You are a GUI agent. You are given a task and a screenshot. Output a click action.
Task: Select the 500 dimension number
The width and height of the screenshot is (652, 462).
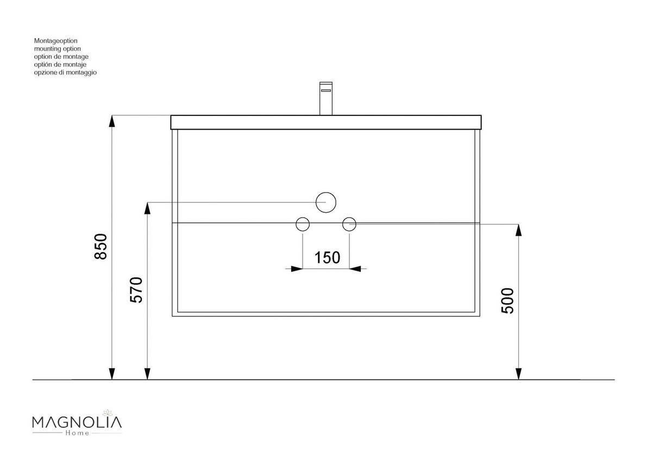(507, 300)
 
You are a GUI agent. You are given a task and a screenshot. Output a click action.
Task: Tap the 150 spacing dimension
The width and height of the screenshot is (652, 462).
(327, 257)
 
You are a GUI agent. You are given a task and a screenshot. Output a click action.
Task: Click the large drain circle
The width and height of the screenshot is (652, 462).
(326, 202)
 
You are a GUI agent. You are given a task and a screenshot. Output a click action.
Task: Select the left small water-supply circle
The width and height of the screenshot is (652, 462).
(302, 224)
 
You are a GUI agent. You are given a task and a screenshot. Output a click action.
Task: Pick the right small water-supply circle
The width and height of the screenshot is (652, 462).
(349, 223)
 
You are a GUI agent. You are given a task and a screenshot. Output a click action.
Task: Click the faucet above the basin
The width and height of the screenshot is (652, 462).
(326, 98)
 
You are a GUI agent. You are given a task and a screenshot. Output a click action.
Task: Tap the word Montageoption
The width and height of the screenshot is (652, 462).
(56, 41)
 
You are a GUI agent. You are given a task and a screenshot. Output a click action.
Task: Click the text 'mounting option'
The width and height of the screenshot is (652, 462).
(57, 48)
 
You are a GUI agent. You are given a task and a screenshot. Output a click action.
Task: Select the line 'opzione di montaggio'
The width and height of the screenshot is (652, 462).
(65, 72)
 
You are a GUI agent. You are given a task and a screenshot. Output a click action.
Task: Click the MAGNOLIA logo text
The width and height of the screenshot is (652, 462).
(77, 422)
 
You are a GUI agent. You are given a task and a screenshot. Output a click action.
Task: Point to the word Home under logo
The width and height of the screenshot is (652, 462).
(77, 433)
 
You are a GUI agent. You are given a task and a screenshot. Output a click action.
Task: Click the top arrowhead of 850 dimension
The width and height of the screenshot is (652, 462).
(112, 121)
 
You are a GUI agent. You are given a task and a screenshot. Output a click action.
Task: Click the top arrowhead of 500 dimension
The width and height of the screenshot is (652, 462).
(518, 230)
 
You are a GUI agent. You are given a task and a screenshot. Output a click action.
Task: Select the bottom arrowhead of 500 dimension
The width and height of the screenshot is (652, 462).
(518, 373)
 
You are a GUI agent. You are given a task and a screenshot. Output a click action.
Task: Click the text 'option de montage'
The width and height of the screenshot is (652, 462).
(61, 57)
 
